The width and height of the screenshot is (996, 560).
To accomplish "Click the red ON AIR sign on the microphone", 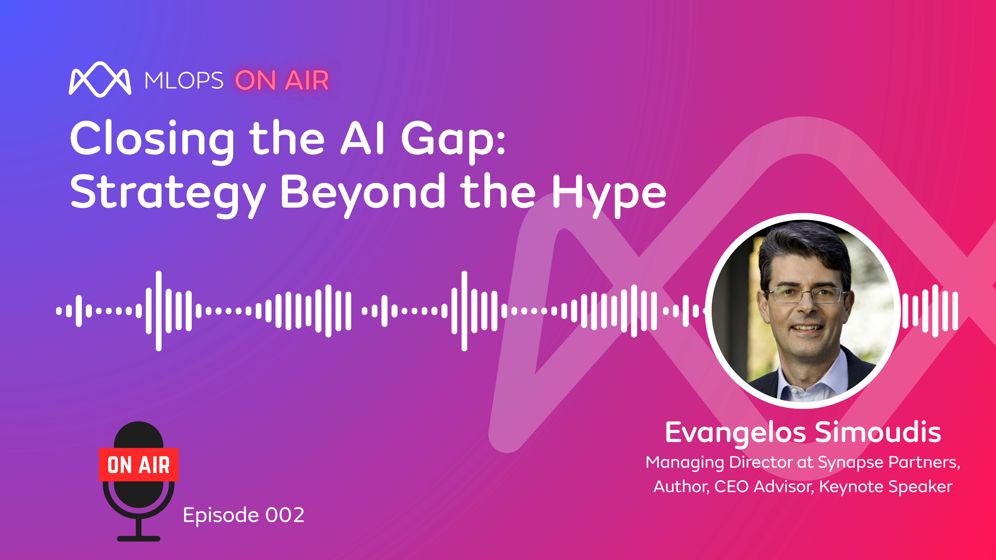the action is coord(138,465).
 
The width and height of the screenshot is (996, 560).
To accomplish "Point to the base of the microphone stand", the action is coord(138,538).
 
